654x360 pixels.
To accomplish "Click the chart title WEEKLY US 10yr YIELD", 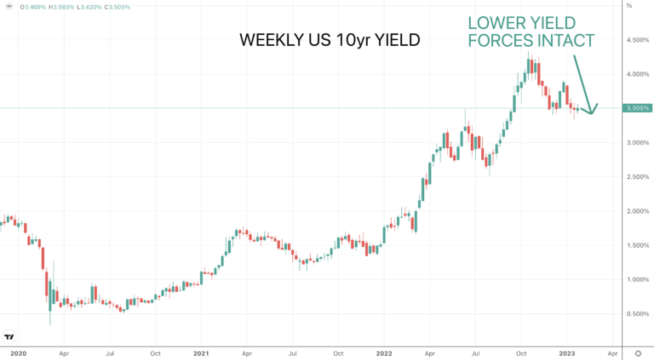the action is [x=330, y=40].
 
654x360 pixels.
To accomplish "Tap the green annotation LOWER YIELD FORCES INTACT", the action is [x=531, y=31].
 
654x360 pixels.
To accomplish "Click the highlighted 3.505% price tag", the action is [x=638, y=108].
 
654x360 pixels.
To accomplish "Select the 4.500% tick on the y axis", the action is [x=638, y=40].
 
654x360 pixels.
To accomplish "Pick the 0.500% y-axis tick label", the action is [x=638, y=314].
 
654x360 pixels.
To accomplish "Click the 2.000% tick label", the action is [x=638, y=211].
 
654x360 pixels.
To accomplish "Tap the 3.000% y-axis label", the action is [x=638, y=142].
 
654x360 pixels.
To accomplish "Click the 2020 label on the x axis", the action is [x=19, y=353].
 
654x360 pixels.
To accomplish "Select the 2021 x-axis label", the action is [x=201, y=353].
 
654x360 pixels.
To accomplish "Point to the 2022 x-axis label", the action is [x=384, y=353].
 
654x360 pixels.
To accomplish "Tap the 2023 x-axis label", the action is [x=567, y=353].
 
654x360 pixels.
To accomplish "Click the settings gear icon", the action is [x=638, y=353].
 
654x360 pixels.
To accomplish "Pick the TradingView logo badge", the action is [x=9, y=337].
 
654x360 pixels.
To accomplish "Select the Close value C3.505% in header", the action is [x=118, y=7].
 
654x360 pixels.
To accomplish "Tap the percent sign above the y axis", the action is [x=629, y=6].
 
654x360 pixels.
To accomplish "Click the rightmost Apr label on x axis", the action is [x=612, y=353].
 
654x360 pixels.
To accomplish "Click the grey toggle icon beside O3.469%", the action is [x=9, y=7].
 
